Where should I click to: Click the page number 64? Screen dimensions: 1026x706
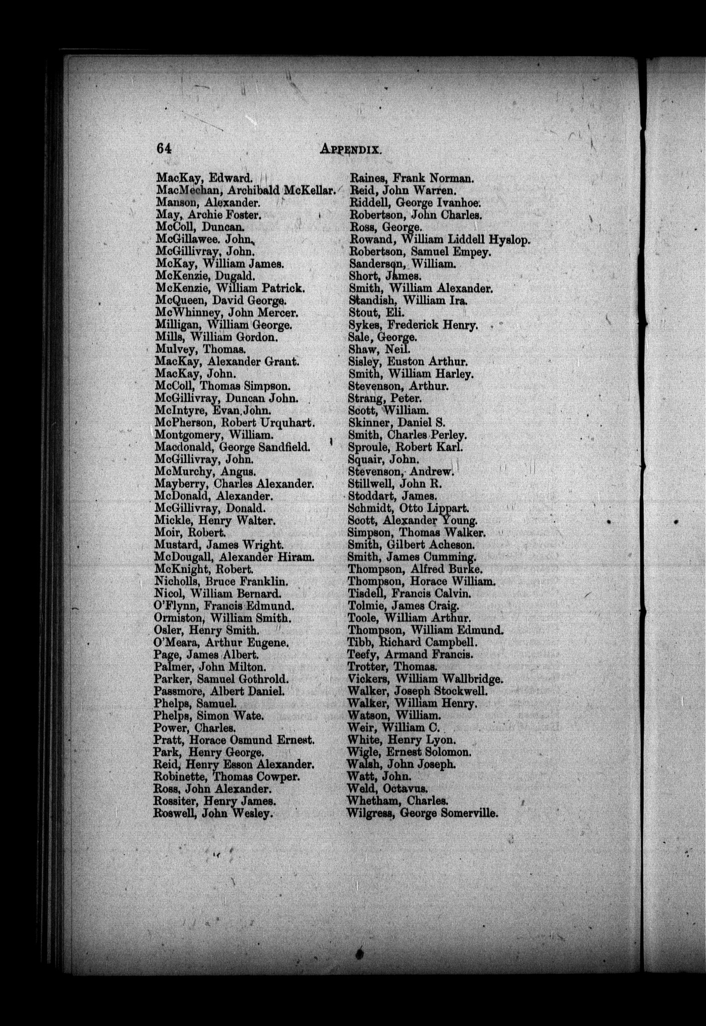(x=164, y=148)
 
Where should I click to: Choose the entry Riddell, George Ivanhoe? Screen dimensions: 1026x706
(x=416, y=202)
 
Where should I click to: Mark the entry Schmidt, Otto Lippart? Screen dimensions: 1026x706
(x=408, y=508)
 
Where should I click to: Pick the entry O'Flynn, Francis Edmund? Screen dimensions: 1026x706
(x=224, y=606)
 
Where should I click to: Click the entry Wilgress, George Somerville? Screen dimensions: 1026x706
(x=423, y=813)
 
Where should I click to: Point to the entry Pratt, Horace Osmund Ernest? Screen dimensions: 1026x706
(x=234, y=740)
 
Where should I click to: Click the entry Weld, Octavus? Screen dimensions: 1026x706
(x=388, y=788)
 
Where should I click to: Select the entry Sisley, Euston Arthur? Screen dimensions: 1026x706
(x=408, y=362)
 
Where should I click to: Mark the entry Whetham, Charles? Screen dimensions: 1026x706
(x=398, y=801)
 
